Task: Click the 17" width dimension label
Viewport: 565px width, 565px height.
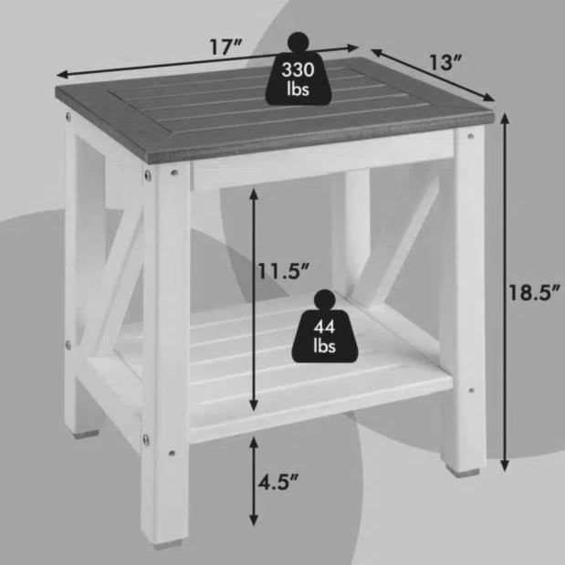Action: [x=225, y=47]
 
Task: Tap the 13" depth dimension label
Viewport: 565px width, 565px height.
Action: [x=445, y=62]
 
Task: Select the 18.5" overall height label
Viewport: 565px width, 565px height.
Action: [x=534, y=292]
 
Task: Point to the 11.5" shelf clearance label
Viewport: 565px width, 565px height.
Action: [x=283, y=271]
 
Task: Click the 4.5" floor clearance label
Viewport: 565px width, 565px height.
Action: [x=278, y=482]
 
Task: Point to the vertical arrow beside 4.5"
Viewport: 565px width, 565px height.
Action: [x=254, y=481]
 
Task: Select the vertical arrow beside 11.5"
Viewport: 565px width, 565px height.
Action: [x=254, y=299]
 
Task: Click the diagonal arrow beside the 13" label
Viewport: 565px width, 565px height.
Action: [x=432, y=75]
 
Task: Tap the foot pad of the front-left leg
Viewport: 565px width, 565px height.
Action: [x=168, y=545]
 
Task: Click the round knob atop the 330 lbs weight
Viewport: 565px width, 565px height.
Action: [x=298, y=43]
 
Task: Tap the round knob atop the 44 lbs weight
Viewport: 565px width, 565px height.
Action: [x=325, y=300]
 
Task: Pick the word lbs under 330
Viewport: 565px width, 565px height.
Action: [x=298, y=89]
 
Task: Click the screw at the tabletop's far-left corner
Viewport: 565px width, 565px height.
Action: [x=68, y=116]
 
